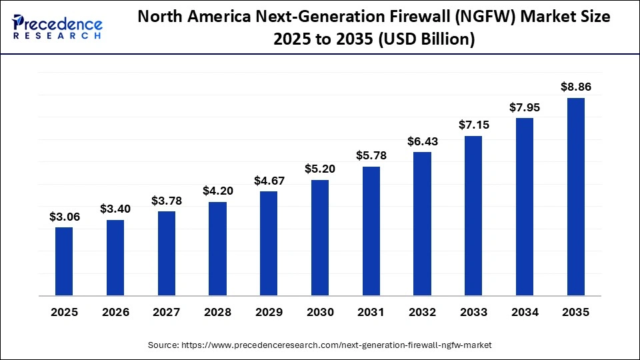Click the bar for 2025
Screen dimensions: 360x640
[x=64, y=261]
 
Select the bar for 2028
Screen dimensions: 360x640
[x=217, y=249]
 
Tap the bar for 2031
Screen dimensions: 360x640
[x=371, y=231]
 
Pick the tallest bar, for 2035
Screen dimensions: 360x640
[x=576, y=197]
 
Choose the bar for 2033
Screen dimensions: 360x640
[x=473, y=215]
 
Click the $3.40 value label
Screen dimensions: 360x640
[x=115, y=209]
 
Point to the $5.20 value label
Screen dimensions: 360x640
[x=320, y=169]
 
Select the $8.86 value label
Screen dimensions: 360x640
[x=576, y=87]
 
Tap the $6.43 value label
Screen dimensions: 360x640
[x=422, y=141]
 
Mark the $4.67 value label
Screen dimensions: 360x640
[x=269, y=180]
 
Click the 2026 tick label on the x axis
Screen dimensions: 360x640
[x=115, y=312]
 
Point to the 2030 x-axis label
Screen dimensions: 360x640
[x=320, y=312]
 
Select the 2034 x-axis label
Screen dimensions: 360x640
[x=525, y=312]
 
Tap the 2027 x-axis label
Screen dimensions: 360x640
[x=167, y=312]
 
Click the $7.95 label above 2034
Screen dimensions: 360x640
[x=525, y=107]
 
